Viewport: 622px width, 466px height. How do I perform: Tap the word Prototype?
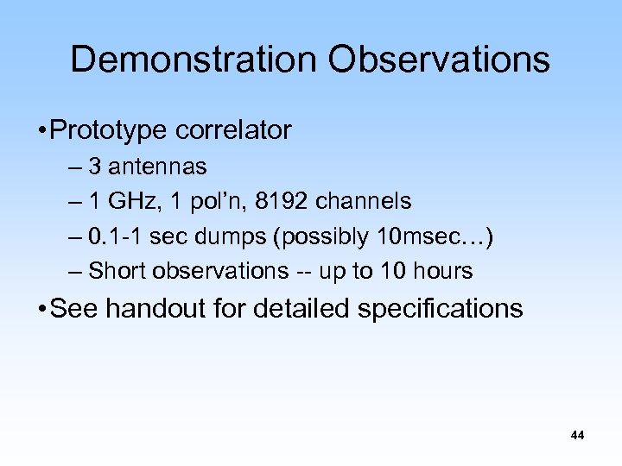[x=109, y=131]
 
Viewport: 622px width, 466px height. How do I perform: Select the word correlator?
[x=233, y=131]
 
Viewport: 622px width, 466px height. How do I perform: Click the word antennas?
[x=163, y=166]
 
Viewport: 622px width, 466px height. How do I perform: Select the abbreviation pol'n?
[x=207, y=201]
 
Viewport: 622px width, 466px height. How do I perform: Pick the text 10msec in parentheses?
[x=427, y=236]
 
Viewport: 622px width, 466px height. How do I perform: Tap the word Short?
[x=117, y=271]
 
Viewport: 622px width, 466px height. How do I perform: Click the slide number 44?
[x=577, y=436]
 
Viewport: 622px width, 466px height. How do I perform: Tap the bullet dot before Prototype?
[x=41, y=132]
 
